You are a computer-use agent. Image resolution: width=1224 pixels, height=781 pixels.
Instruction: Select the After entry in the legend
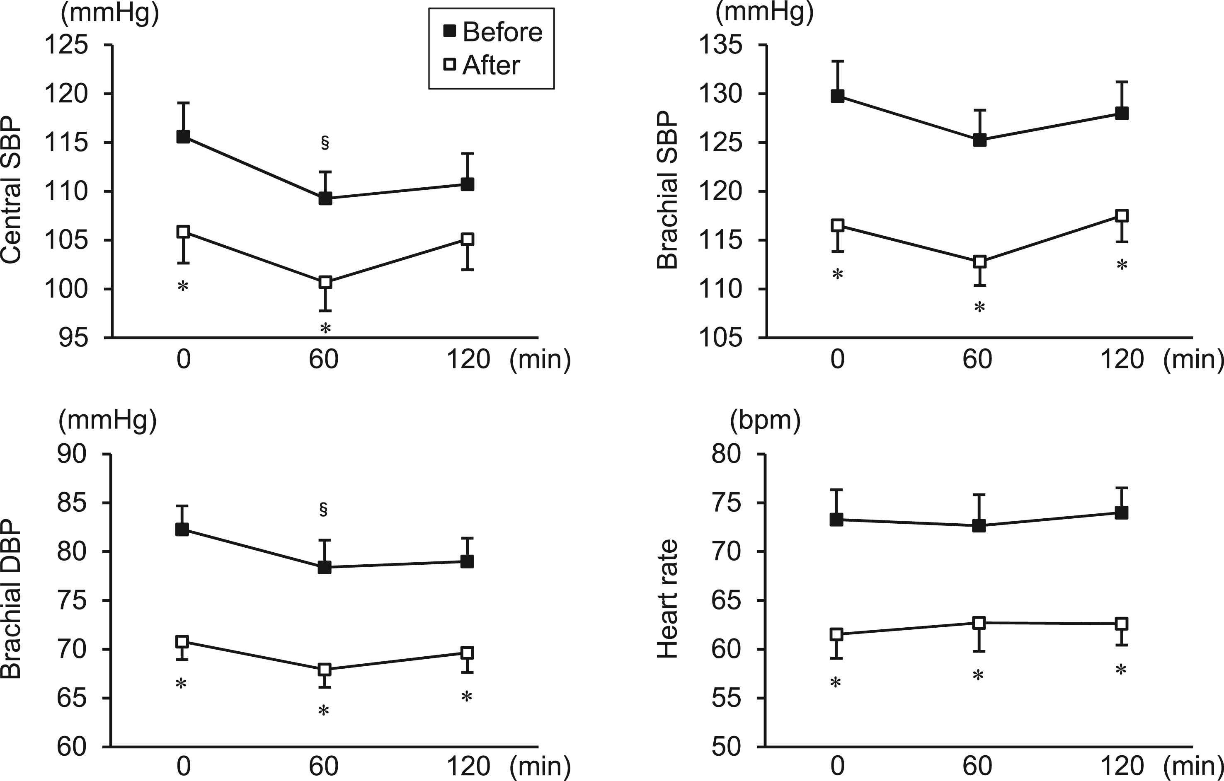tap(482, 65)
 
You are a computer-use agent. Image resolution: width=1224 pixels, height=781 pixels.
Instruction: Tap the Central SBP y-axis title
tap(11, 190)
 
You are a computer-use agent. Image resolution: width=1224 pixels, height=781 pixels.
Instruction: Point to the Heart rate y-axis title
tap(667, 600)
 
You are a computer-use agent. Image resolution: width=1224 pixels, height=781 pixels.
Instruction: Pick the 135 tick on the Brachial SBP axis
tap(721, 45)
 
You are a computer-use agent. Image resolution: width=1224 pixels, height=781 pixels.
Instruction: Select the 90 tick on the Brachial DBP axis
tap(72, 454)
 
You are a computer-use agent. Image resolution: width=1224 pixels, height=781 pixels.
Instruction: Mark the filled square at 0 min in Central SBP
tap(183, 136)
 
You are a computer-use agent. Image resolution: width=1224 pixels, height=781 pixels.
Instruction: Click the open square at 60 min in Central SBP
tap(325, 282)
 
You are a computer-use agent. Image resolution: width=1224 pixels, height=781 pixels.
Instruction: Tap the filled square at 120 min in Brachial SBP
tap(1122, 113)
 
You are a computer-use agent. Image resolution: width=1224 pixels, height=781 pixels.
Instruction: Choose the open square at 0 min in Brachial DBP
tap(182, 642)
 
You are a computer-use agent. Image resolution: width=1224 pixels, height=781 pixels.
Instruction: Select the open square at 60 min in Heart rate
tap(979, 623)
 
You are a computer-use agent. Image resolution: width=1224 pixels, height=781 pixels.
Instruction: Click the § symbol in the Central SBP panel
tap(325, 143)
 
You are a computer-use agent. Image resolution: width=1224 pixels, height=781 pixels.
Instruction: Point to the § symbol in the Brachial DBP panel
tap(323, 509)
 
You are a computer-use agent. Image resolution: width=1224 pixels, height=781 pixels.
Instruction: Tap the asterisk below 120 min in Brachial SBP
tap(1122, 265)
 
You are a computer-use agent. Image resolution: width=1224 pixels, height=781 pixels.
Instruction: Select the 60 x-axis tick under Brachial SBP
tap(977, 359)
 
